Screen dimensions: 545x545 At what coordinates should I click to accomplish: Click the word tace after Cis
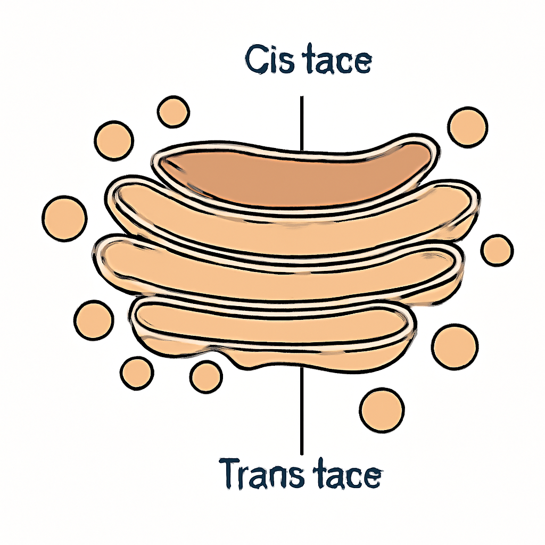coord(339,60)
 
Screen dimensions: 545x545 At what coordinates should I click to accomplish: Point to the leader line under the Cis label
coord(302,123)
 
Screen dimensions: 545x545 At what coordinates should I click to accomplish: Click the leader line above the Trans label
coord(302,411)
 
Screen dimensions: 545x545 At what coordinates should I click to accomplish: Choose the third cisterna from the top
coord(278,269)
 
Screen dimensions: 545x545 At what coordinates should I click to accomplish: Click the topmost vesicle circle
coord(174,112)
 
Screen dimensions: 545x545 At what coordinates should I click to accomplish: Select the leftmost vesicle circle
coord(64,218)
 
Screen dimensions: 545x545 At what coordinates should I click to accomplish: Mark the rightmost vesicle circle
coord(498,250)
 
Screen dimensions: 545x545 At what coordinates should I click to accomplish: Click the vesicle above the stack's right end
coord(468,126)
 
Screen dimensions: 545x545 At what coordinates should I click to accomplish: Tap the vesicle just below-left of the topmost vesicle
coord(114,141)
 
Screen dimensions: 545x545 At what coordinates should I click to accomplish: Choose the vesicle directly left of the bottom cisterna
coord(94,320)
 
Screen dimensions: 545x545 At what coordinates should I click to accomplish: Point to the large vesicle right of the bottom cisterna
coord(455,346)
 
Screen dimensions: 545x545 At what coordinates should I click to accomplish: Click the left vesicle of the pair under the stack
coord(137,373)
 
